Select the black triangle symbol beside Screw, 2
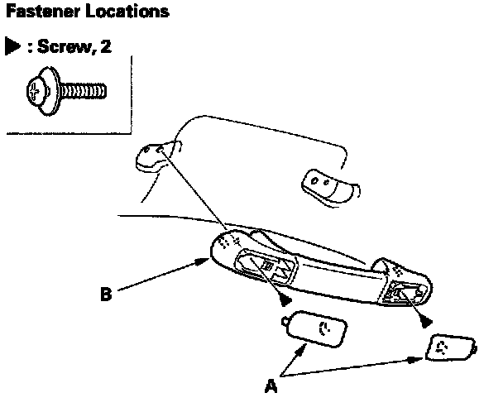click(14, 46)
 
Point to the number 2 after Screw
click(105, 46)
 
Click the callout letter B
click(106, 293)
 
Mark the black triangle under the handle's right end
click(425, 319)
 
